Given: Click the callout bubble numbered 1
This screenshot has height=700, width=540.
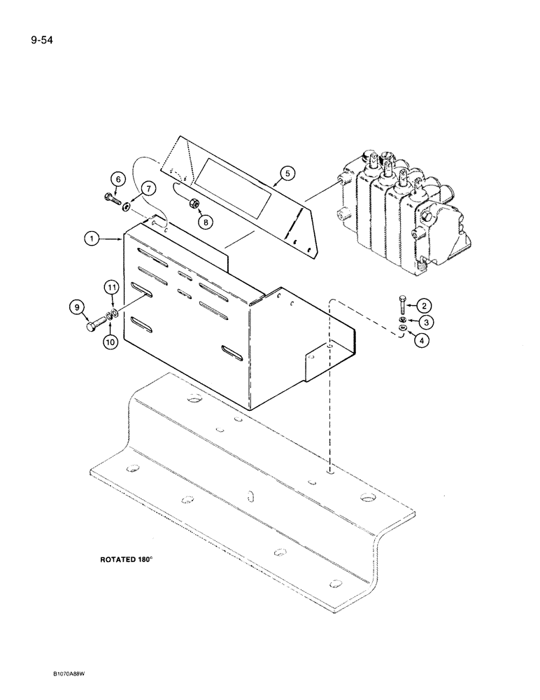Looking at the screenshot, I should coord(91,239).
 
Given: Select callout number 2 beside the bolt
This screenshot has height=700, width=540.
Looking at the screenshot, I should coord(423,304).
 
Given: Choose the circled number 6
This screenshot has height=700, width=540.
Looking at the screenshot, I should coord(119,180).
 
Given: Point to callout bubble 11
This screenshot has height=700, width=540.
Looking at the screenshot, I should coord(111,287).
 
